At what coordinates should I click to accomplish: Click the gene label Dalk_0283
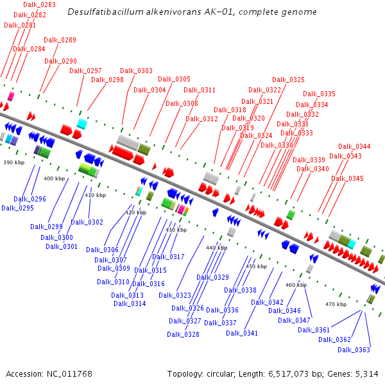[x=39, y=4]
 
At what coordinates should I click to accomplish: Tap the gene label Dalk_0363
[x=354, y=350]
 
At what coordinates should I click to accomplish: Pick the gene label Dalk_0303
[x=137, y=71]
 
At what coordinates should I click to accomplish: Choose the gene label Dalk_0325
[x=288, y=80]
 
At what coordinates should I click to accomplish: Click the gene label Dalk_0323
[x=175, y=295]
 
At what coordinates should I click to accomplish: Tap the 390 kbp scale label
[x=14, y=162]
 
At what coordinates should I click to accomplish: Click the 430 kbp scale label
[x=176, y=229]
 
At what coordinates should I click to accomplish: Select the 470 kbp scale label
[x=336, y=304]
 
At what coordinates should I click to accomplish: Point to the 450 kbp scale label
[x=256, y=266]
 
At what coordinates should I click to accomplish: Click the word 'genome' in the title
[x=301, y=12]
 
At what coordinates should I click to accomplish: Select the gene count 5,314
[x=366, y=373]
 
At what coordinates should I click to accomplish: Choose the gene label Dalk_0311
[x=200, y=90]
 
